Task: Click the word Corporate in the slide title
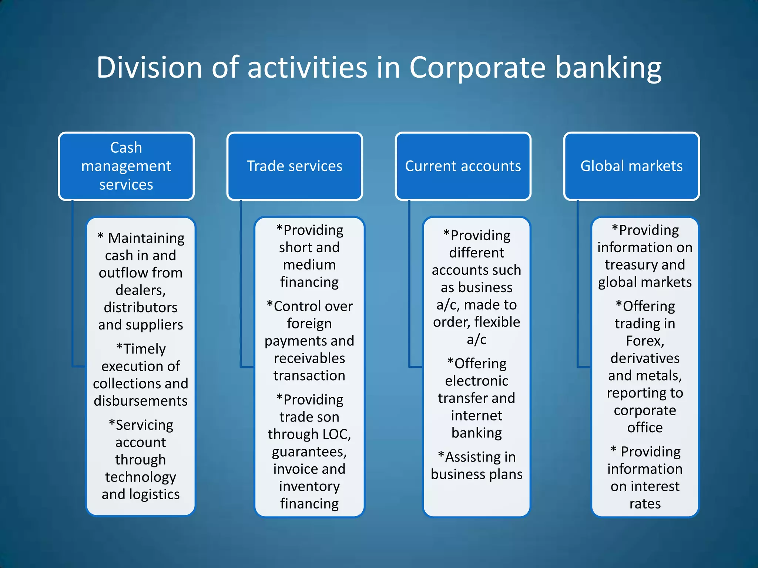[477, 68]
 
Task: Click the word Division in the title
[149, 68]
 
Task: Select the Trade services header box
[295, 166]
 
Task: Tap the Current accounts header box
[463, 166]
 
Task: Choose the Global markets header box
[631, 166]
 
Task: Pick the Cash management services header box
[126, 166]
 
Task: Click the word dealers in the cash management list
[140, 290]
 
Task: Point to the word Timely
[144, 349]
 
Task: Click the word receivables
[309, 358]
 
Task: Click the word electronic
[477, 381]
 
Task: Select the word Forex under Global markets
[644, 341]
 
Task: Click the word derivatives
[645, 358]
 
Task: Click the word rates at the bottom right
[645, 504]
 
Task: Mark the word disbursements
[141, 401]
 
